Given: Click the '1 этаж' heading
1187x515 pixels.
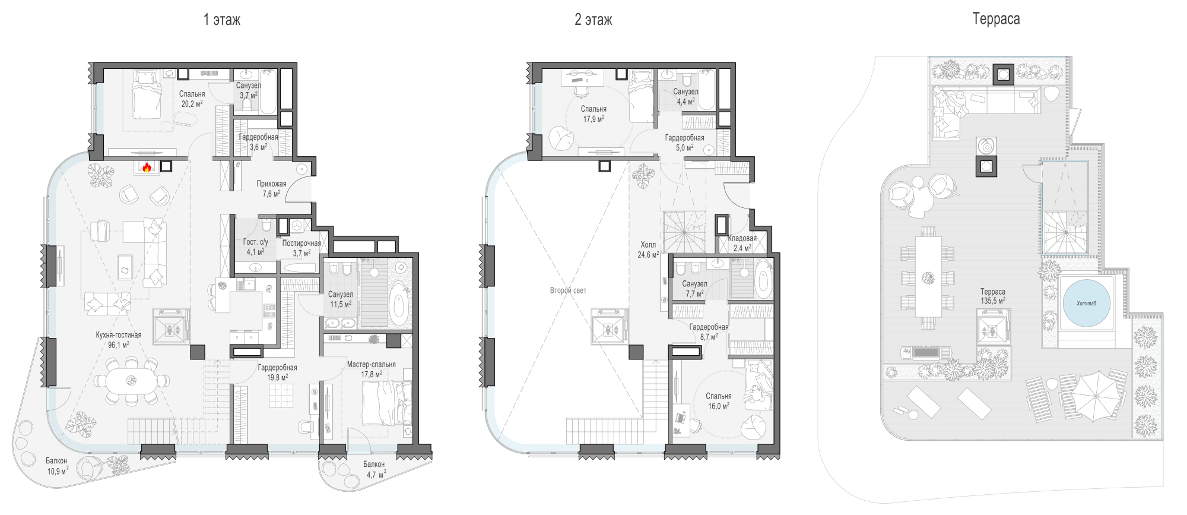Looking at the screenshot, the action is (x=222, y=20).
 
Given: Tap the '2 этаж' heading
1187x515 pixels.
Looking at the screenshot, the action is (x=593, y=20).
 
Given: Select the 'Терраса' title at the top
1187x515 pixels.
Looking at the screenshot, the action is (x=996, y=20).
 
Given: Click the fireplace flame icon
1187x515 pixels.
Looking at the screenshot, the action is (x=147, y=167).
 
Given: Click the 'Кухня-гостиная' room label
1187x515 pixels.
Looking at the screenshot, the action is (x=119, y=335).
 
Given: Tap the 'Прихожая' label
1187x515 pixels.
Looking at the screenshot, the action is (x=271, y=184).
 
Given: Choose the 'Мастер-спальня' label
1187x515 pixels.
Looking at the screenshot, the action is (x=371, y=364).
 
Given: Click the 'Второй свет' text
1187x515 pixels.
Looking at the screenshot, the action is (x=568, y=290).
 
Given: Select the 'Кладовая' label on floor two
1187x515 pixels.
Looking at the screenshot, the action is (x=742, y=238).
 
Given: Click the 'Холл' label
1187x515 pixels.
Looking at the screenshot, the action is (x=648, y=245).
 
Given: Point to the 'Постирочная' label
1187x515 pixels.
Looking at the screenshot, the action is (x=301, y=243).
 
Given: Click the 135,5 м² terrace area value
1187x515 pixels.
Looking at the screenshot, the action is (x=993, y=301).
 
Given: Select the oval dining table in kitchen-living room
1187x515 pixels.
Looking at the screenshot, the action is (x=131, y=380).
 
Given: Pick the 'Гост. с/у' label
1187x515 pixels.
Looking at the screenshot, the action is (x=255, y=242).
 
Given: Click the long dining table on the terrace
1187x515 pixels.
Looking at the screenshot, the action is (x=928, y=277).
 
